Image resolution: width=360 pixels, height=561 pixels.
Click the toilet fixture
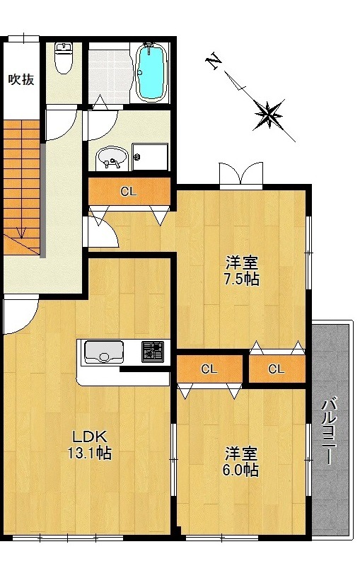coord(64,57)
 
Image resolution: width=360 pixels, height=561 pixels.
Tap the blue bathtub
coord(152,72)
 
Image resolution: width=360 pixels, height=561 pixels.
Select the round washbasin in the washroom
coord(111,158)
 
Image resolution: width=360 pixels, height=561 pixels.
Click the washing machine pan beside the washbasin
coord(150,157)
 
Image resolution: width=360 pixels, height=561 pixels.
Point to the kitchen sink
coord(103,352)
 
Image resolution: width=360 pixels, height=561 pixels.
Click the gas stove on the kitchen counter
coord(153,352)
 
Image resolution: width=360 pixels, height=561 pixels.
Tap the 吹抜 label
coord(21,79)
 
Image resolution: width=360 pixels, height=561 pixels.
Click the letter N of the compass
coord(214,62)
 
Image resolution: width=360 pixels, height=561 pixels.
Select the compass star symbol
coord(268,115)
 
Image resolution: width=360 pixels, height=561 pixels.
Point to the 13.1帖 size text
coord(89,453)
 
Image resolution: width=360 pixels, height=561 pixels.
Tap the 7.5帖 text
coord(242,279)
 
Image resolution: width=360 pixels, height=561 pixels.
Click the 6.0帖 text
coord(240,470)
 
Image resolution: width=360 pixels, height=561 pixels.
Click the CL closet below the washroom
coord(129,192)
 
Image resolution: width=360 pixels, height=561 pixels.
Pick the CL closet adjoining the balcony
coord(277,369)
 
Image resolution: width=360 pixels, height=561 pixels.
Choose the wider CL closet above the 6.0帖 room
coord(209,369)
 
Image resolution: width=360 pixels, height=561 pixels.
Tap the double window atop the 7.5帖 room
coord(241,175)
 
